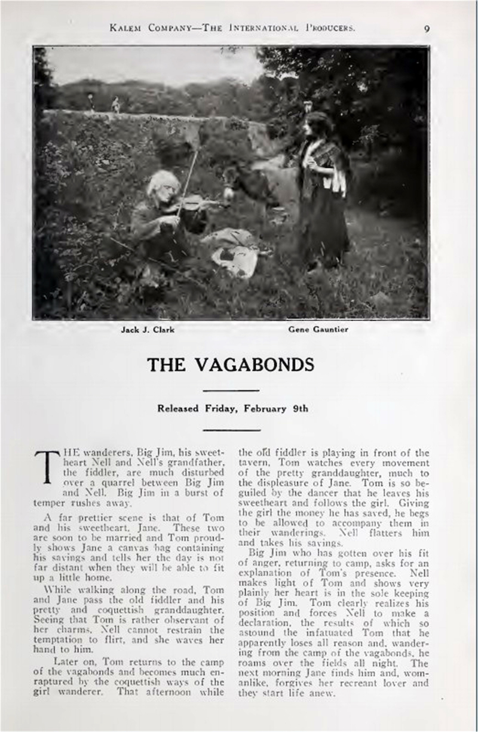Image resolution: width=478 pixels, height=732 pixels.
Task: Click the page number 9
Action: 427,27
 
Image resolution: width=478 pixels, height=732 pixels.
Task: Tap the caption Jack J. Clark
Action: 148,330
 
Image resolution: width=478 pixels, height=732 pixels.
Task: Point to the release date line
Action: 232,409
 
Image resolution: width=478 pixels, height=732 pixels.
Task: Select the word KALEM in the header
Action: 125,27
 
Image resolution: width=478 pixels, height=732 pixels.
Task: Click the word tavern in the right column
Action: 255,463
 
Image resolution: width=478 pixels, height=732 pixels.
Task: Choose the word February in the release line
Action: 264,409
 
